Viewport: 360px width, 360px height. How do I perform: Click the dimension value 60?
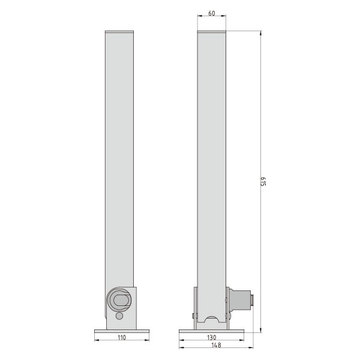point(212,13)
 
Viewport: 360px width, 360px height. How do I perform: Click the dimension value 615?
point(263,181)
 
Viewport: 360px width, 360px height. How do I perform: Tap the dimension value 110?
point(122,337)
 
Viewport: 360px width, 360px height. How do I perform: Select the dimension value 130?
point(211,337)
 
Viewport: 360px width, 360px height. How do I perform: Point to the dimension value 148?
point(216,345)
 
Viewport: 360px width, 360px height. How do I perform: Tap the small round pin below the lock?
point(119,316)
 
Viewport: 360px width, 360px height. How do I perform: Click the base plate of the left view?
point(122,331)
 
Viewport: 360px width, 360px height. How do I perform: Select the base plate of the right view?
point(211,331)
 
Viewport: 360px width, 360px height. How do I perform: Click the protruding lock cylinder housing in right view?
point(239,301)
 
